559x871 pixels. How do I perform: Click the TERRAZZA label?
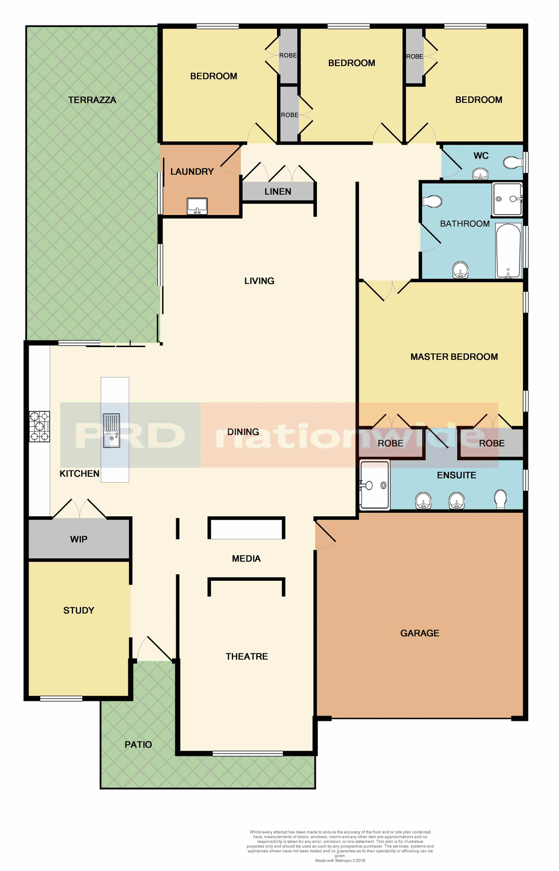pyautogui.click(x=92, y=100)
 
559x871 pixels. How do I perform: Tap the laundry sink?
pyautogui.click(x=197, y=206)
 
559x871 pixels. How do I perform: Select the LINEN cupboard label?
pyautogui.click(x=278, y=192)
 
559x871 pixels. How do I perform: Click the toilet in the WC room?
pyautogui.click(x=513, y=162)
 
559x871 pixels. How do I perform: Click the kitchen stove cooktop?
pyautogui.click(x=40, y=426)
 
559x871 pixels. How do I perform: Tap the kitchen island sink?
pyautogui.click(x=112, y=431)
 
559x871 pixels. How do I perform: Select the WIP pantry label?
pyautogui.click(x=79, y=539)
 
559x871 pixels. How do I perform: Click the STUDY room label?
pyautogui.click(x=79, y=611)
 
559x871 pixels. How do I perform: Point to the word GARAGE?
pyautogui.click(x=420, y=633)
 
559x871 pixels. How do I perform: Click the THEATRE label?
pyautogui.click(x=247, y=656)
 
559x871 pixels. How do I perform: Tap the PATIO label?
pyautogui.click(x=138, y=744)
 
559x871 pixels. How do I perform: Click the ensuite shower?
pyautogui.click(x=375, y=485)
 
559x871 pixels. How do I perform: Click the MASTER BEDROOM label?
pyautogui.click(x=454, y=357)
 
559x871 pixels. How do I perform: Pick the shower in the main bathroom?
pyautogui.click(x=507, y=199)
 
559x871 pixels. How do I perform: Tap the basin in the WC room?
pyautogui.click(x=480, y=174)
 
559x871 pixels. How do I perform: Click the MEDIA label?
pyautogui.click(x=246, y=559)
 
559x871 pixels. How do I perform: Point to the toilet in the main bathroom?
pyautogui.click(x=433, y=201)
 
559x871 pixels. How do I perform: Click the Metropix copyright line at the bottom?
pyautogui.click(x=340, y=861)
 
